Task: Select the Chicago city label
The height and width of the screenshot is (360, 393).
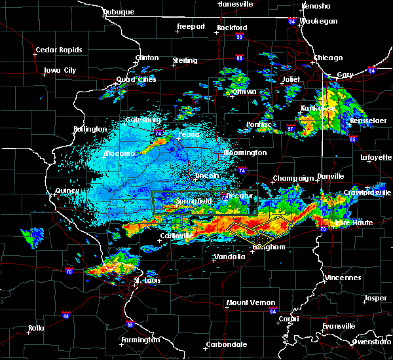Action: point(327,58)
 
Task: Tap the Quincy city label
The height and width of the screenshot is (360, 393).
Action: point(67,191)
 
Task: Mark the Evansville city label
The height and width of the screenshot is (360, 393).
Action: point(339,326)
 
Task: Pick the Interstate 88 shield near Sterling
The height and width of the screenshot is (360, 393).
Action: point(240,58)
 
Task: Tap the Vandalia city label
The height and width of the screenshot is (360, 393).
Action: point(229,257)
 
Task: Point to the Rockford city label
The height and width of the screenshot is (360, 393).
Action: point(233,27)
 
